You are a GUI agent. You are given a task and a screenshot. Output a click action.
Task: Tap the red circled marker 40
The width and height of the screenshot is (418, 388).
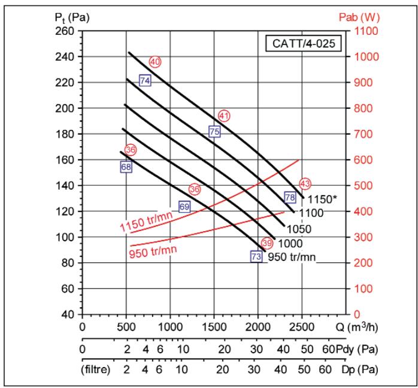tap(156, 62)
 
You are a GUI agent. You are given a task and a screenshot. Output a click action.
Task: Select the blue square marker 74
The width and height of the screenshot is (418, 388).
tap(144, 80)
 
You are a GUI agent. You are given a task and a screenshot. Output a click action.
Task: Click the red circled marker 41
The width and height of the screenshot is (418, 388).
tap(225, 115)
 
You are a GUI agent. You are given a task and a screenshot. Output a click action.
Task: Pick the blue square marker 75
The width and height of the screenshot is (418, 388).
tap(214, 132)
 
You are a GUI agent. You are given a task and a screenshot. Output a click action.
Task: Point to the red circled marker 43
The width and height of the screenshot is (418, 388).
tap(305, 183)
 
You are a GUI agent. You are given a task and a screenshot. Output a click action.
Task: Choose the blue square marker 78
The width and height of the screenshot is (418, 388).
tap(290, 197)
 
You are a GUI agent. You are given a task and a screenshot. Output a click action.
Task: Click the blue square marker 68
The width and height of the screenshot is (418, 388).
tap(126, 167)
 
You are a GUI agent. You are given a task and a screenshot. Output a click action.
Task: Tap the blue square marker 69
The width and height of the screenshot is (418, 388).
tap(184, 207)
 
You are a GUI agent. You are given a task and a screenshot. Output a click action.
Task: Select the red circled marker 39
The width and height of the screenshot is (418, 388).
tap(267, 243)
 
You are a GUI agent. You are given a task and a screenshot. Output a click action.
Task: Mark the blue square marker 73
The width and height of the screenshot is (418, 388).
tap(256, 256)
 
